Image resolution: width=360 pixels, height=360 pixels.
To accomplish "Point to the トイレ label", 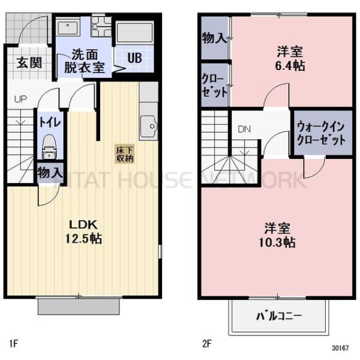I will (x=49, y=122).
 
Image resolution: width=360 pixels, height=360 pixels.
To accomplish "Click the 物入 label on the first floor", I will (x=50, y=173).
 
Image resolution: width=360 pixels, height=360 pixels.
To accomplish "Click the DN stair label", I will (x=244, y=129).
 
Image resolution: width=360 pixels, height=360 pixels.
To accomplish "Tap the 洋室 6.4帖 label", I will (x=291, y=58).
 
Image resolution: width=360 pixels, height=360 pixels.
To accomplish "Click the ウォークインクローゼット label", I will (x=322, y=134).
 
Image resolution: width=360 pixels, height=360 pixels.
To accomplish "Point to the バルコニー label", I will (x=279, y=316).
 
